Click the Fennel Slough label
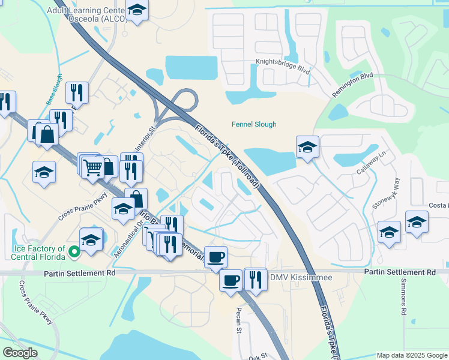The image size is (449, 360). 255,124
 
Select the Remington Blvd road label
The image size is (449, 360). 352,86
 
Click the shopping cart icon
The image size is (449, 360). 92,167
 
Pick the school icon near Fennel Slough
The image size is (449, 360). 307,146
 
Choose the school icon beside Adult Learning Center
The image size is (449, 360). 137,10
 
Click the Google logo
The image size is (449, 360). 20,353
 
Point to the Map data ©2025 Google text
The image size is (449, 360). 412,355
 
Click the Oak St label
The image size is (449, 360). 258,356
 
